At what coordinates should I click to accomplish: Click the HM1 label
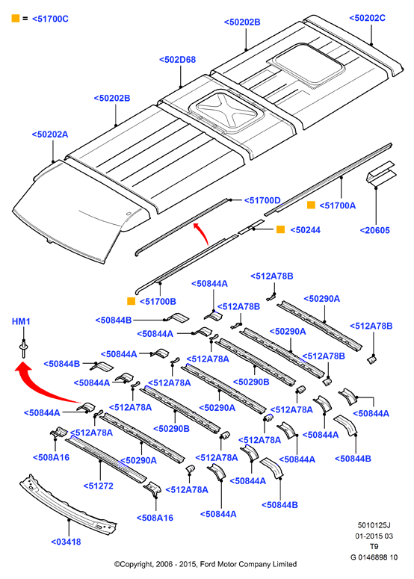[21, 322]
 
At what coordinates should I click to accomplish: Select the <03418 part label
[66, 542]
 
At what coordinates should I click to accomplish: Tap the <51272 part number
[98, 486]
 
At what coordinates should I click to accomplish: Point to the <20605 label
[374, 230]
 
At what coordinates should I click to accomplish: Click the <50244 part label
[306, 230]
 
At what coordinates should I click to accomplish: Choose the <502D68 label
[177, 60]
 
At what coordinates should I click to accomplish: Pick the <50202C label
[367, 18]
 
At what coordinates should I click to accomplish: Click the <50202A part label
[50, 134]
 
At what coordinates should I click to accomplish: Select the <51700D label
[262, 200]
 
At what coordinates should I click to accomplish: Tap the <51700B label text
[158, 302]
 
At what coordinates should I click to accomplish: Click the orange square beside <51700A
[312, 205]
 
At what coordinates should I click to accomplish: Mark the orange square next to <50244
[281, 229]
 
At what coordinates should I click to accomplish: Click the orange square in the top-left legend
[16, 18]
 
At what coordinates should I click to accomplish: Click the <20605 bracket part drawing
[380, 173]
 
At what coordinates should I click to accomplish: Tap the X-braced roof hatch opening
[226, 111]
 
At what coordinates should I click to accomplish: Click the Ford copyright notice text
[206, 564]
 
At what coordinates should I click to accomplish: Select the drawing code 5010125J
[374, 525]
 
